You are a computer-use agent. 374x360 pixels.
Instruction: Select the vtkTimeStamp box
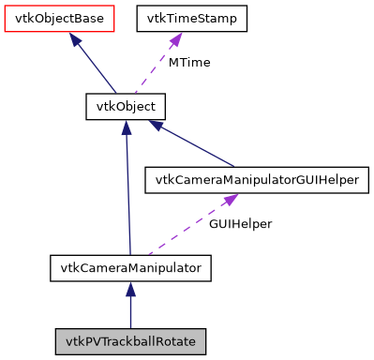(192, 18)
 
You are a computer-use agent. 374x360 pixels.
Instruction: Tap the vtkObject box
(126, 106)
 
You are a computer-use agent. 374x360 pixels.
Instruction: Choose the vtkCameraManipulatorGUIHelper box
(258, 181)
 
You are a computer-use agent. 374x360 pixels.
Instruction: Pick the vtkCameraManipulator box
(130, 269)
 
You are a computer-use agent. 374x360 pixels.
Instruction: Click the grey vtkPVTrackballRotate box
(130, 340)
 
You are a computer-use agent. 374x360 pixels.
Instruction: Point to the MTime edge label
(189, 62)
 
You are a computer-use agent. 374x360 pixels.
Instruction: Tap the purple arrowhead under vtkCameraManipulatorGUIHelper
(230, 200)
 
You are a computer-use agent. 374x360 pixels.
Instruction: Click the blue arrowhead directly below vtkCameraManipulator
(130, 290)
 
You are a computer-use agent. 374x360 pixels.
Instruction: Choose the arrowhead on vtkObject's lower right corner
(157, 126)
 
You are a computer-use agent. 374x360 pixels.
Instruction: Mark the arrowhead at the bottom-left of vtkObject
(126, 127)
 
